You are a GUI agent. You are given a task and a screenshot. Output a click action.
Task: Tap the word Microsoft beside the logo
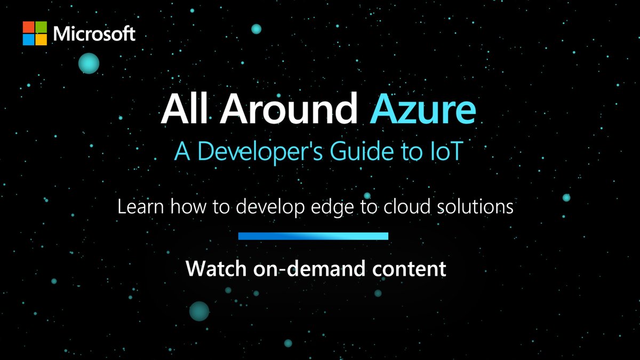[94, 34]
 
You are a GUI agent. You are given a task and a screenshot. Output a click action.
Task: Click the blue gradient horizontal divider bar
[313, 236]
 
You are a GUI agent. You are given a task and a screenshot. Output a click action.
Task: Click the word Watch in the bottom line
[213, 268]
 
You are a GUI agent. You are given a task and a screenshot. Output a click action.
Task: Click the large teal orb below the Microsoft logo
[89, 63]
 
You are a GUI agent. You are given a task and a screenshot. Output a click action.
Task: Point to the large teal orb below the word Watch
[199, 310]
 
